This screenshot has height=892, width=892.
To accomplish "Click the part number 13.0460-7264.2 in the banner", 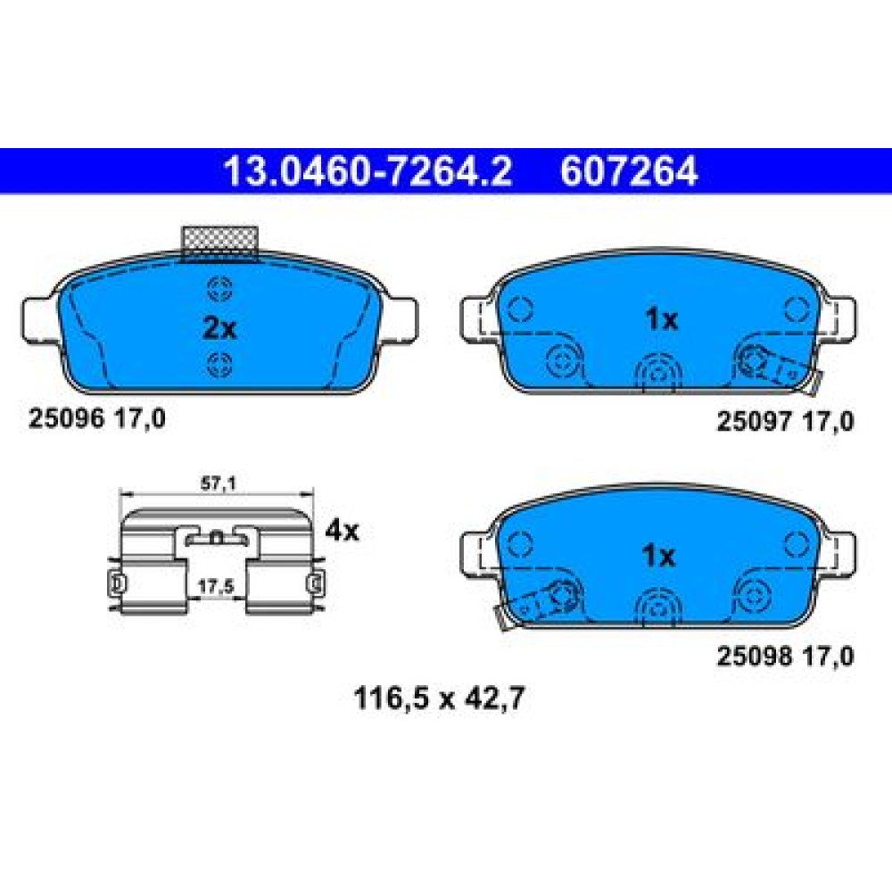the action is [368, 170].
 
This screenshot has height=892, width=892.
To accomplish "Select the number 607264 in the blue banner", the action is [629, 170].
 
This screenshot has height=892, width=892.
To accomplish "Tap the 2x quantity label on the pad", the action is [219, 328].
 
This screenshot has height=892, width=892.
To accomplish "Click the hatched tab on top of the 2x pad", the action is [219, 244].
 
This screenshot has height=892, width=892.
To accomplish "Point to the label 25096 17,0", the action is [97, 419].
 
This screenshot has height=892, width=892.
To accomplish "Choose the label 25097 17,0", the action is [785, 422].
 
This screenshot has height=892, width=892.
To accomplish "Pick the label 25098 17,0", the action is [785, 657].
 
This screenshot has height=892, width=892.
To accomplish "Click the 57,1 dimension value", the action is [219, 483].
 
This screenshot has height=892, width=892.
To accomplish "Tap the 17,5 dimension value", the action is [216, 587].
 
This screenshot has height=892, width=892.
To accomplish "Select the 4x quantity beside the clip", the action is [342, 531].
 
